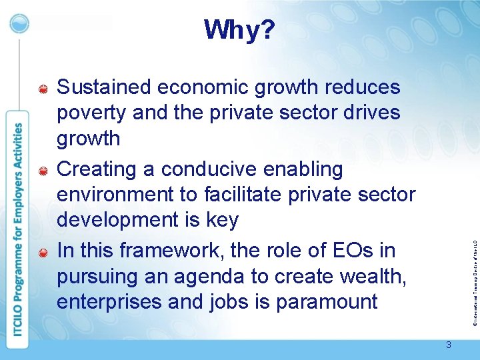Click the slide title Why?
(x=239, y=30)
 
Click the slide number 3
(x=449, y=345)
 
